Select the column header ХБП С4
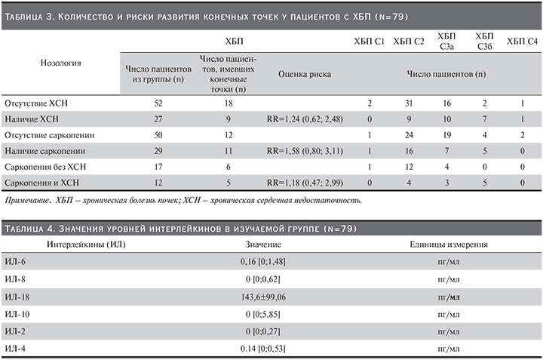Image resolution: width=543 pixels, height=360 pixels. click(x=522, y=40)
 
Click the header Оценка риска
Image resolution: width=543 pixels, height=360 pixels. click(x=304, y=74)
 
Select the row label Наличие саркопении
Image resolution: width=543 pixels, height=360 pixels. click(x=43, y=150)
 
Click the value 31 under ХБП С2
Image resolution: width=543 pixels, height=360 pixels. click(x=408, y=101)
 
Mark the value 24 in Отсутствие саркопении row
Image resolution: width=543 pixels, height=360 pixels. click(x=408, y=134)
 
